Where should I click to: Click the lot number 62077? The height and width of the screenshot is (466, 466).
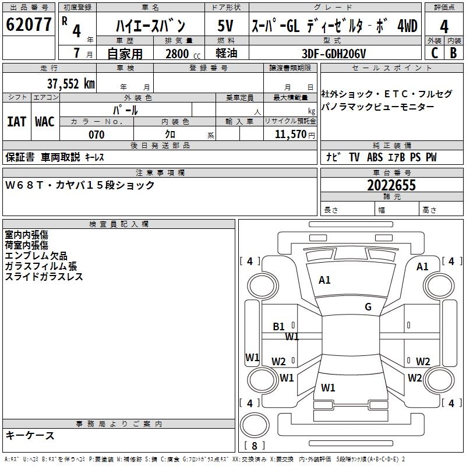tap(29, 26)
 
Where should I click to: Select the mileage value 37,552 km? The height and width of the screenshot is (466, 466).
tap(71, 84)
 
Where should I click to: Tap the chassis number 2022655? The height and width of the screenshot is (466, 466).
tap(391, 185)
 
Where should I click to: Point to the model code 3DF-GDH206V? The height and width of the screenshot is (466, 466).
tap(334, 53)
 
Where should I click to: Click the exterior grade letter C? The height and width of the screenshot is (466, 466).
tap(435, 53)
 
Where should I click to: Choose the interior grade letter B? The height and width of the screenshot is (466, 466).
tap(453, 53)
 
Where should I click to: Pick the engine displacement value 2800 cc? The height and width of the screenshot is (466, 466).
tap(181, 54)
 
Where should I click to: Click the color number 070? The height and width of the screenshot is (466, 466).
tap(96, 135)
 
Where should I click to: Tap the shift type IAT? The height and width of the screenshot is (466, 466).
tap(16, 122)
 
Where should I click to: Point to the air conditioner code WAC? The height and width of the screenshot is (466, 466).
tap(45, 122)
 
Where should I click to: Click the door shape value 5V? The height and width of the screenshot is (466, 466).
tap(227, 27)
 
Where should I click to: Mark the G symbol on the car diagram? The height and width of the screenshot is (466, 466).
tap(368, 307)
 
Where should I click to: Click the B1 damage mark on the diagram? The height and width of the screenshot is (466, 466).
tap(279, 327)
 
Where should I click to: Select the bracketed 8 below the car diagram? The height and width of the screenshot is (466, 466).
tap(254, 446)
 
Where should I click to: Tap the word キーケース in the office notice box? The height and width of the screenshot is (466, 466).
tap(30, 436)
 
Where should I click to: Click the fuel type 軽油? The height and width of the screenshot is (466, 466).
tap(227, 54)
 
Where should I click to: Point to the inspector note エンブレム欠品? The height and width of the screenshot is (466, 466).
tap(36, 256)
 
